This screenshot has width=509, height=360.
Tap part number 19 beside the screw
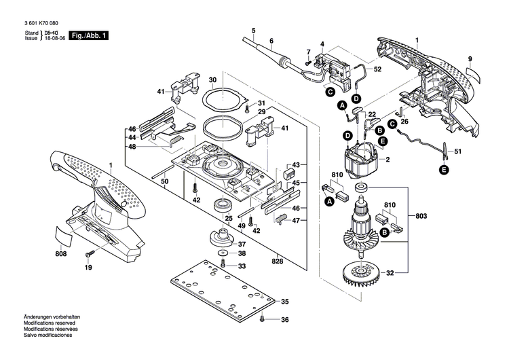[x=88, y=268]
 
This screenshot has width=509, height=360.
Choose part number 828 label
[x=277, y=261]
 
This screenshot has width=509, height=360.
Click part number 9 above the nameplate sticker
[x=469, y=59]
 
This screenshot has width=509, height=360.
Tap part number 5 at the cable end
[x=253, y=31]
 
